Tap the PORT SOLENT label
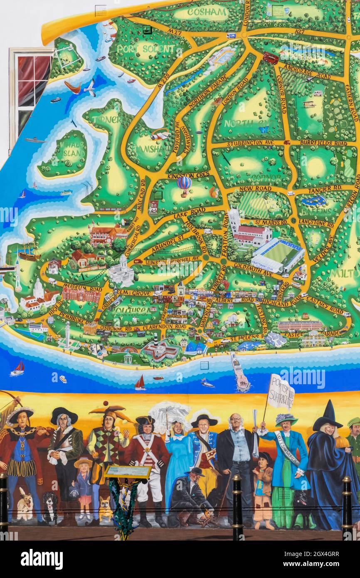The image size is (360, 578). point(145,49)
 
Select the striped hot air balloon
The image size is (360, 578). point(184,183)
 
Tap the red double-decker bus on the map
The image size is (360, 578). point(270,58)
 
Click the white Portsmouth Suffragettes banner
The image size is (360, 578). point(281,392)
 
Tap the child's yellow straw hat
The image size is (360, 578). point(83,463)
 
